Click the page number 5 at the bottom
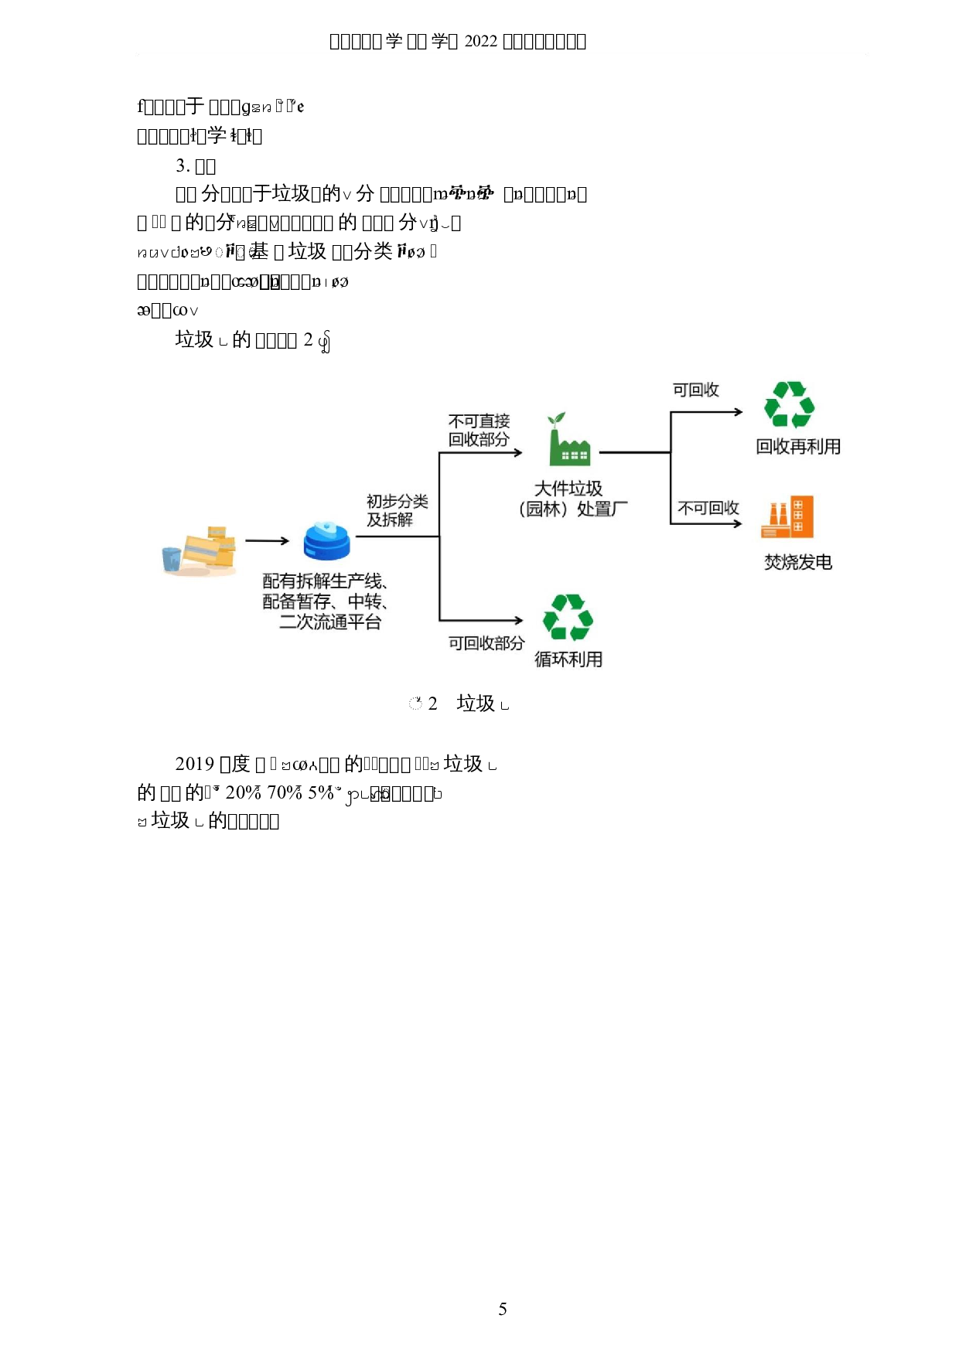(503, 1309)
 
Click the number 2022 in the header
(480, 41)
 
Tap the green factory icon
(568, 440)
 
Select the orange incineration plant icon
(787, 517)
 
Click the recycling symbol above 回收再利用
(789, 404)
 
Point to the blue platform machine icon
(326, 540)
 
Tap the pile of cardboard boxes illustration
(200, 551)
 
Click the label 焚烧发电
(798, 562)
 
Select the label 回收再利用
(798, 446)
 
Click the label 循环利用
(568, 659)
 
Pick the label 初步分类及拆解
(397, 510)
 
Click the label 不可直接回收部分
(479, 430)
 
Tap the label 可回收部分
(486, 643)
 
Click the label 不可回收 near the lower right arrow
(708, 508)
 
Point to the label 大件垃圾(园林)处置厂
(572, 499)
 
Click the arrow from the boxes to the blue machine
(267, 541)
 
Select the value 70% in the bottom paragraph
(284, 792)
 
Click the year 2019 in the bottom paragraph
(194, 764)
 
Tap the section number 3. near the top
(183, 165)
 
